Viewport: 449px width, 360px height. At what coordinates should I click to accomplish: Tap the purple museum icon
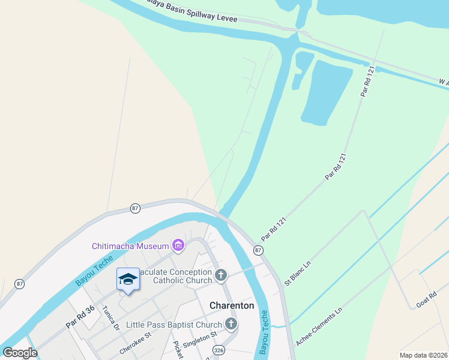[x=178, y=245]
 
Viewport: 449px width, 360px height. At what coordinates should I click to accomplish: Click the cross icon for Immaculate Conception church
[x=221, y=275]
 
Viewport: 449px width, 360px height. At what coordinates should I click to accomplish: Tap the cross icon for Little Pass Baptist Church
[x=231, y=325]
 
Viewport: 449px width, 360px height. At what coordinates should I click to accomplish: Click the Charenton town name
[x=232, y=305]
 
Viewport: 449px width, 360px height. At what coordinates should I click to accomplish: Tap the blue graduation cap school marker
[x=128, y=280]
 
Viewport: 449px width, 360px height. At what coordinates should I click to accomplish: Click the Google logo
[x=20, y=353]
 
